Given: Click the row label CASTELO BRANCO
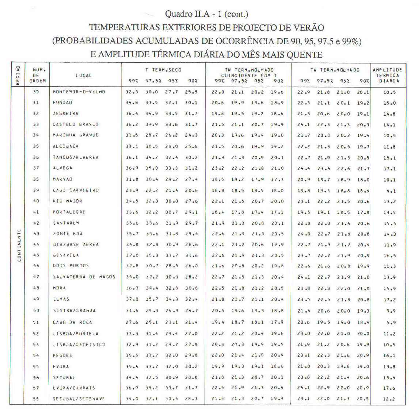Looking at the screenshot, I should (x=75, y=124).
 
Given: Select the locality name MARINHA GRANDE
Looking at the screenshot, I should (x=75, y=135).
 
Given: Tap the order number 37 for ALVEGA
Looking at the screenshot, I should (x=35, y=168).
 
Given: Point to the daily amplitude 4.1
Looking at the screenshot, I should (x=389, y=191).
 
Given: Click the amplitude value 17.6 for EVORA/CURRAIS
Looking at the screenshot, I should (x=389, y=388).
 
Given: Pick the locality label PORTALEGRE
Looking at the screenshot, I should (x=69, y=212).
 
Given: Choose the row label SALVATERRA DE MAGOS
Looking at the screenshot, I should (x=84, y=277).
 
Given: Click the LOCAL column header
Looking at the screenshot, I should (x=84, y=76).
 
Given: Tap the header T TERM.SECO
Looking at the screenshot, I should (x=163, y=70).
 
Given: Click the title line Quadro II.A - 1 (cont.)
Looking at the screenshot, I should (x=207, y=14).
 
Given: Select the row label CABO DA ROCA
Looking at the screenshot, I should (x=72, y=323).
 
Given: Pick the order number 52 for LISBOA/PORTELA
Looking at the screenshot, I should (x=35, y=334).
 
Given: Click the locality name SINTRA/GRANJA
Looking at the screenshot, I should (x=74, y=311).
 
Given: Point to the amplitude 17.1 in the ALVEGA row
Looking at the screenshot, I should (x=389, y=169).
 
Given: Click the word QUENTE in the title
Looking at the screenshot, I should (x=305, y=55).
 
